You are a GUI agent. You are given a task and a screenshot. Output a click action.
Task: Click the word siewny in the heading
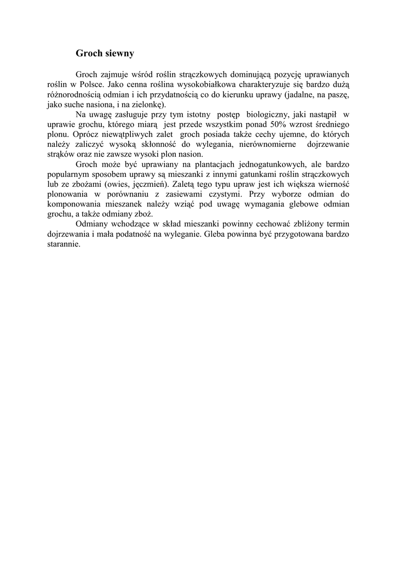[117, 54]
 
